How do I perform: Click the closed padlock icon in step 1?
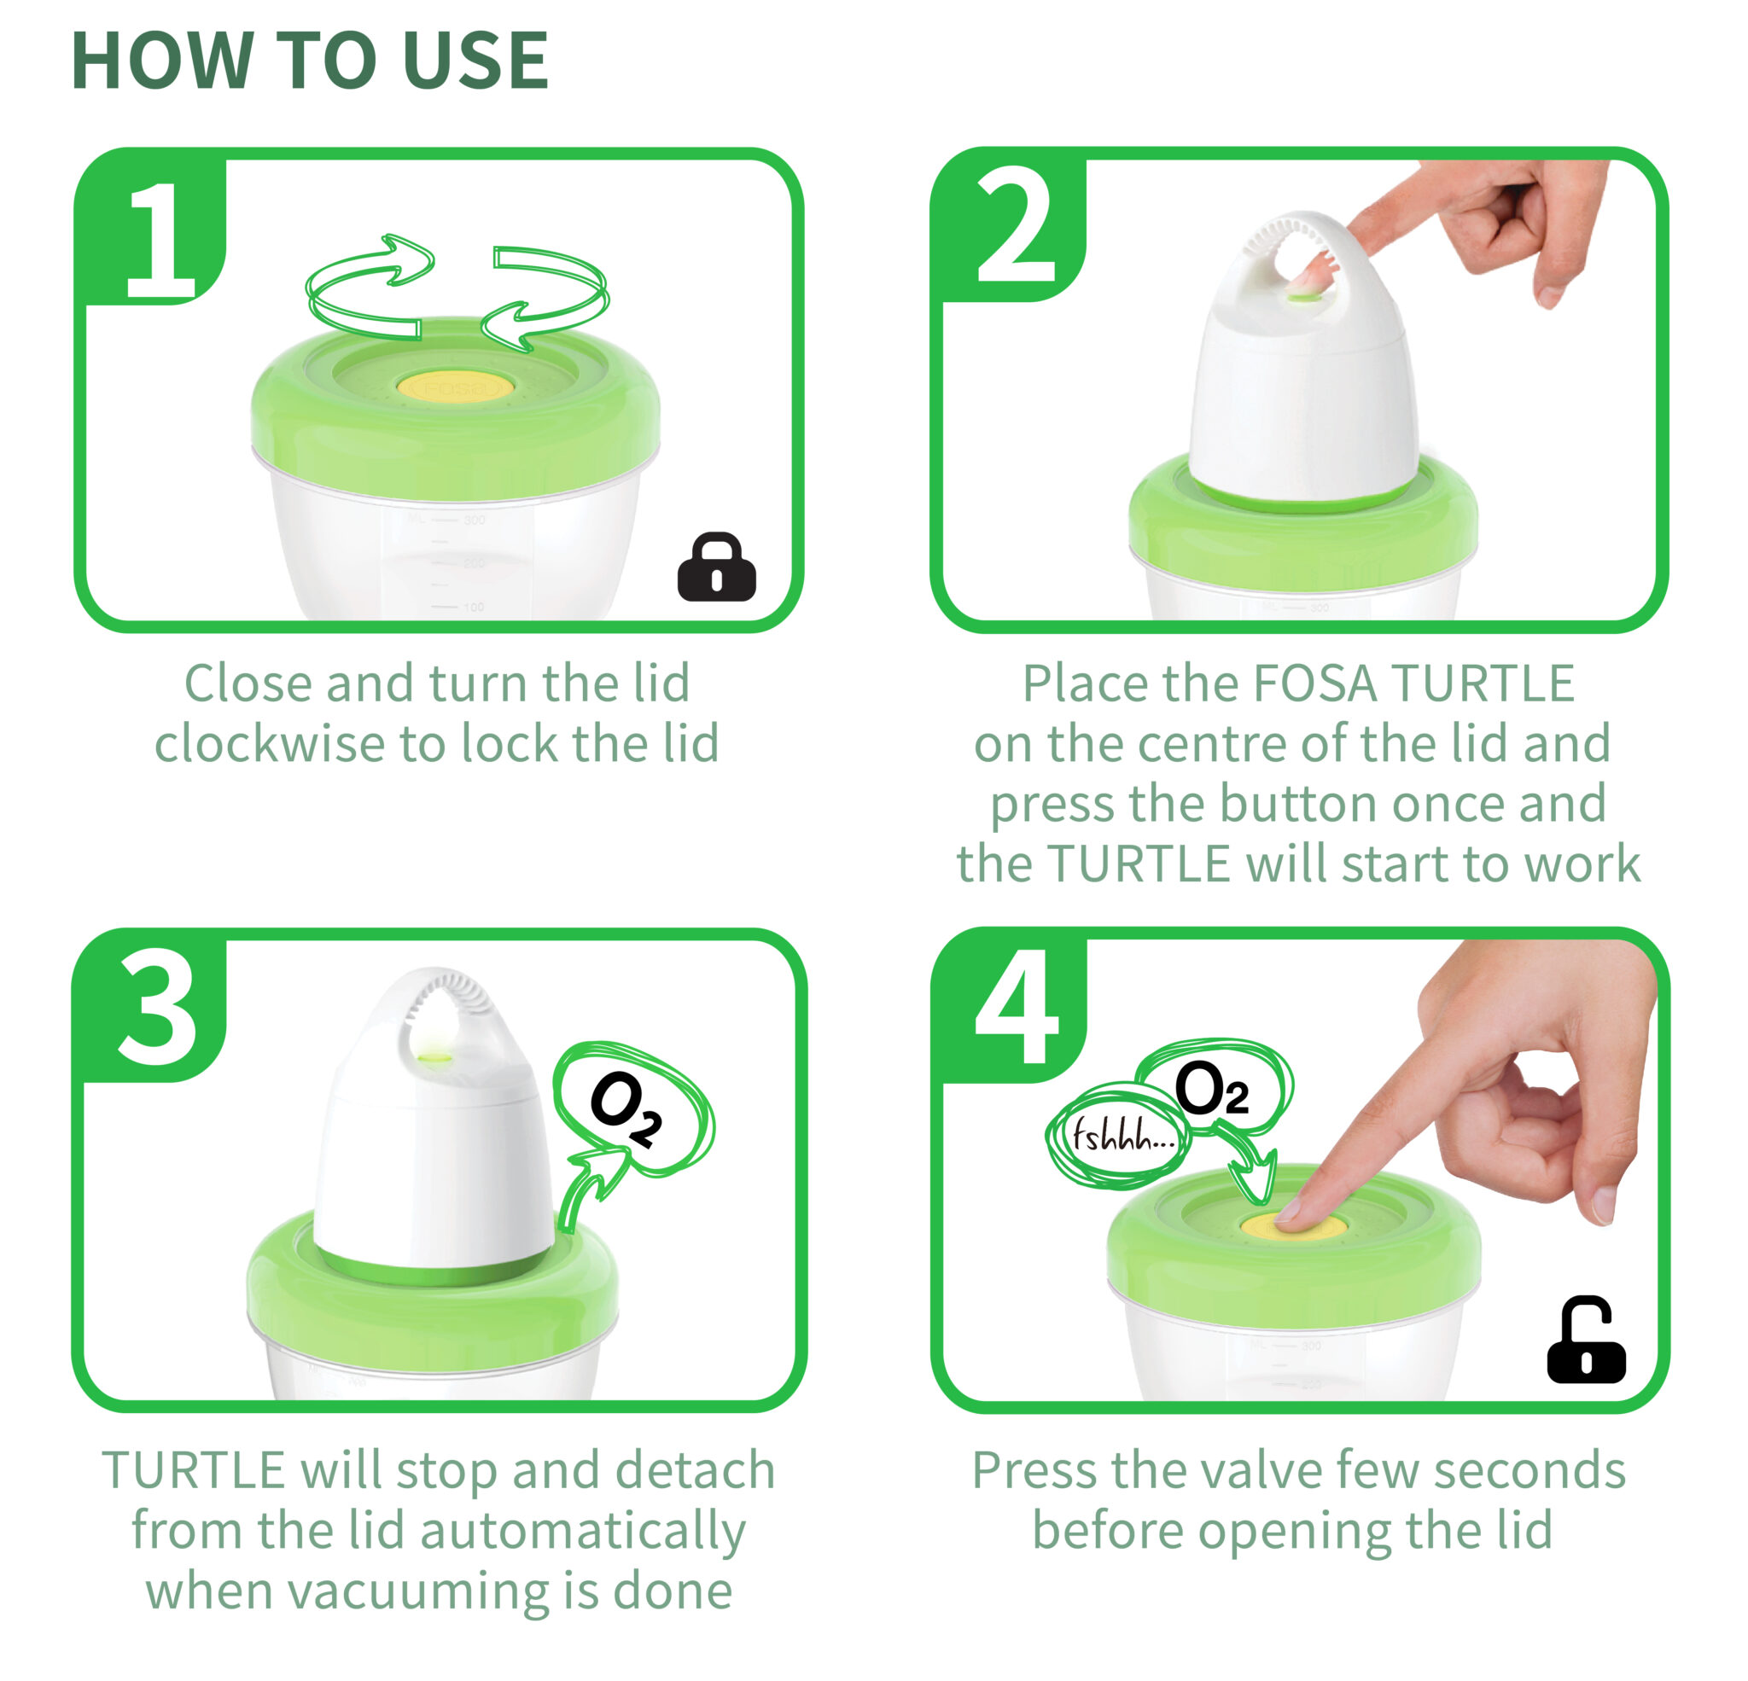pyautogui.click(x=716, y=567)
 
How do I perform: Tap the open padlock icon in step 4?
pyautogui.click(x=1586, y=1341)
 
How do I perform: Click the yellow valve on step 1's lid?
pyautogui.click(x=455, y=387)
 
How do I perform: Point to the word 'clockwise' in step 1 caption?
pyautogui.click(x=270, y=744)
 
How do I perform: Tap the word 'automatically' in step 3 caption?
pyautogui.click(x=582, y=1531)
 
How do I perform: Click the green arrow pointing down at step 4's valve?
pyautogui.click(x=1250, y=1161)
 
